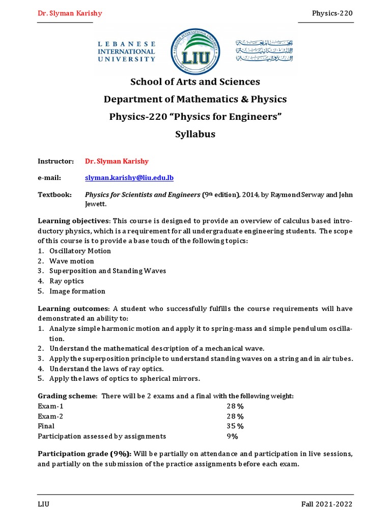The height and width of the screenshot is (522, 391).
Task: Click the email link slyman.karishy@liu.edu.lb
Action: pyautogui.click(x=129, y=177)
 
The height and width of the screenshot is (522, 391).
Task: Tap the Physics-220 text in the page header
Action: pyautogui.click(x=332, y=13)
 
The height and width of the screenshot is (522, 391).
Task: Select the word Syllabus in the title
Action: pyautogui.click(x=195, y=134)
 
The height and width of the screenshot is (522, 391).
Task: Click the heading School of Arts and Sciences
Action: pyautogui.click(x=195, y=82)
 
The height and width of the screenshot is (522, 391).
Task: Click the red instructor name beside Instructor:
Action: pyautogui.click(x=117, y=161)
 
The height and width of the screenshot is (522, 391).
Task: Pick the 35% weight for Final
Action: pyautogui.click(x=235, y=426)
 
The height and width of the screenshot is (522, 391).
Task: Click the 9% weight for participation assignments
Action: pyautogui.click(x=232, y=436)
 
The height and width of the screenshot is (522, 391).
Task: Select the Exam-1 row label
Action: pyautogui.click(x=51, y=406)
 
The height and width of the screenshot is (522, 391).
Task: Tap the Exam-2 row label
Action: pyautogui.click(x=51, y=416)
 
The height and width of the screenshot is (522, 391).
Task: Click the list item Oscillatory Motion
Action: pyautogui.click(x=80, y=251)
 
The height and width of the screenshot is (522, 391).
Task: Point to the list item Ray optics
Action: pyautogui.click(x=67, y=281)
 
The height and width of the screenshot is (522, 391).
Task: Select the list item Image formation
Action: pyautogui.click(x=77, y=291)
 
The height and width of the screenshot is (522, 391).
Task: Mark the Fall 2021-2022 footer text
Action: pyautogui.click(x=327, y=504)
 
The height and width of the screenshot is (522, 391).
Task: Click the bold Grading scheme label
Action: pyautogui.click(x=67, y=396)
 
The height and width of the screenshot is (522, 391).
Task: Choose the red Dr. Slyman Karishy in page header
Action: pyautogui.click(x=70, y=13)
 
